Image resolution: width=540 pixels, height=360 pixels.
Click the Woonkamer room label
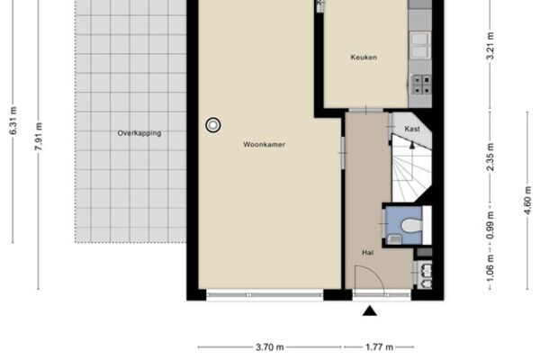click(264, 144)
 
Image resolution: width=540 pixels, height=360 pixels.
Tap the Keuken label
click(364, 58)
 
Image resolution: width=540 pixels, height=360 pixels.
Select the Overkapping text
click(139, 133)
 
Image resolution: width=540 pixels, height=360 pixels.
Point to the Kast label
click(412, 129)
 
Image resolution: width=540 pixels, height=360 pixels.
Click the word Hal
click(368, 253)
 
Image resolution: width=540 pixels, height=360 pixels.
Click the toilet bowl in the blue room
click(412, 226)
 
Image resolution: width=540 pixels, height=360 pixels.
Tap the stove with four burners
click(421, 85)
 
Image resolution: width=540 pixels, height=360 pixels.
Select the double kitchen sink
click(419, 45)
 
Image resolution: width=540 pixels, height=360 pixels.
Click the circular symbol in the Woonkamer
click(213, 125)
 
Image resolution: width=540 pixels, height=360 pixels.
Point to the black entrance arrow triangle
click(370, 310)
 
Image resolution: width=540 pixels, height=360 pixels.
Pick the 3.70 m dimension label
click(270, 346)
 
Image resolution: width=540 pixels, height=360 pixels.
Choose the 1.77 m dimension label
click(379, 346)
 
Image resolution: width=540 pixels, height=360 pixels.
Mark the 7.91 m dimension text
click(39, 136)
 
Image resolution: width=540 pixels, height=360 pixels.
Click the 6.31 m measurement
click(13, 121)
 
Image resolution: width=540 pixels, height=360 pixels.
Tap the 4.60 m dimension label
click(527, 200)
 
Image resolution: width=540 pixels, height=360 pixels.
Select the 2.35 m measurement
click(490, 157)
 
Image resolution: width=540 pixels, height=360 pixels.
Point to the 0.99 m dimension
click(490, 225)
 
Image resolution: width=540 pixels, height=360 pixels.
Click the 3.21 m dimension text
click(490, 46)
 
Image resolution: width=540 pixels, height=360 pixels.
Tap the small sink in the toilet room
click(395, 238)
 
